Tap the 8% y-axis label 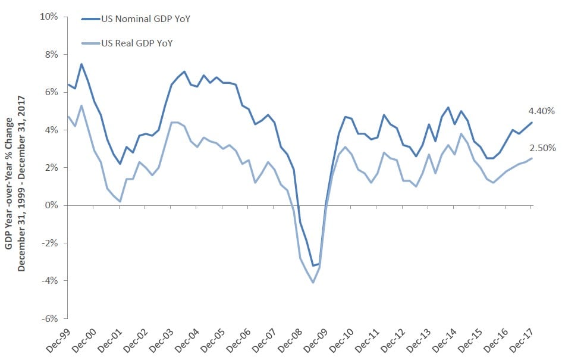point(51,54)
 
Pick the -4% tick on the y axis point(50,280)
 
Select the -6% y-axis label point(50,318)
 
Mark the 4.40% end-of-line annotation point(541,111)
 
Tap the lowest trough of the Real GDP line point(313,282)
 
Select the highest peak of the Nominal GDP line point(81,64)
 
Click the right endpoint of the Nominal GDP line point(532,122)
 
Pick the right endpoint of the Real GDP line point(532,158)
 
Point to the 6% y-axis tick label point(51,92)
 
